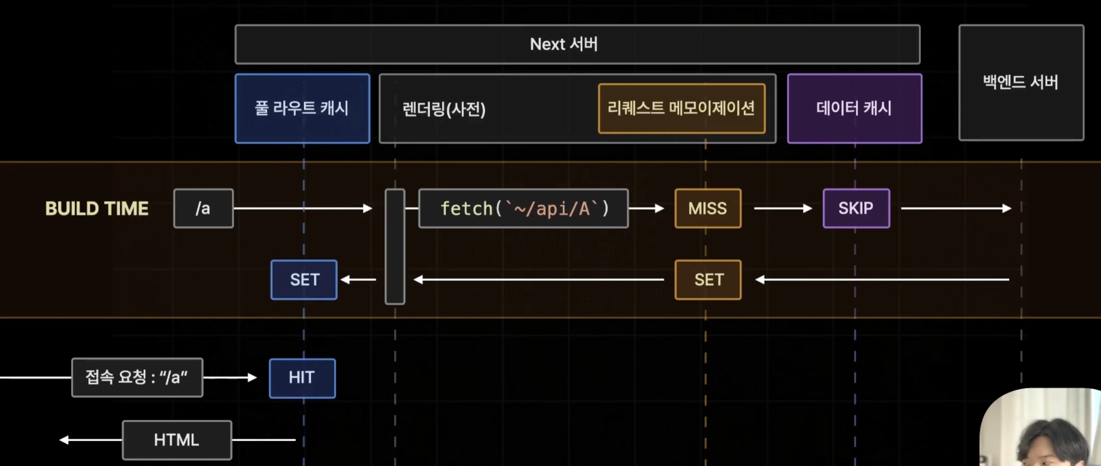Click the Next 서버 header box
pos(577,44)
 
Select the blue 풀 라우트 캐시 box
pos(302,108)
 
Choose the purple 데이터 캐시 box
pos(854,108)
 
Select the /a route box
pos(203,208)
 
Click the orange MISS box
pos(708,208)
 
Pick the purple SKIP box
pos(856,208)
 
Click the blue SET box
pos(304,280)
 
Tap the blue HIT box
pos(302,378)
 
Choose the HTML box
pos(177,440)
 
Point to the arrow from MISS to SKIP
pos(782,208)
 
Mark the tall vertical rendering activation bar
pos(395,247)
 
